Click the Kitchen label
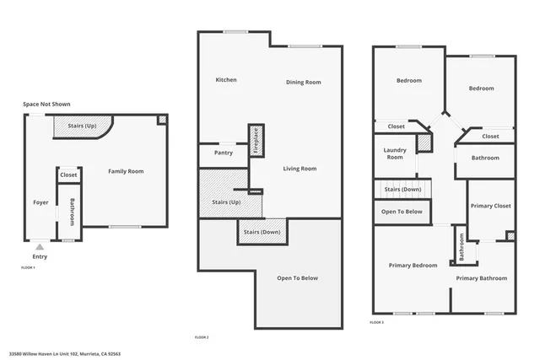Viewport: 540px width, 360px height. coord(226,80)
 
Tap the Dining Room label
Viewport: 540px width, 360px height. coord(303,82)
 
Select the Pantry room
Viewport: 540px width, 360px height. coord(224,153)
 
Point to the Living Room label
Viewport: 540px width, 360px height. coord(300,169)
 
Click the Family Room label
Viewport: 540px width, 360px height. coord(126,171)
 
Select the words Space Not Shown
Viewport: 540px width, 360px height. coord(46,105)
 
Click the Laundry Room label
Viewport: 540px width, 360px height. coord(394,153)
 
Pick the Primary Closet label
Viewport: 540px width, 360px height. coord(490,206)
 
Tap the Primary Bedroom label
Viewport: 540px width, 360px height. coord(413,266)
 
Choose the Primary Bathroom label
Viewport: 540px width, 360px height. coord(482,278)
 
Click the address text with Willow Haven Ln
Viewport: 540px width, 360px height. coord(65,354)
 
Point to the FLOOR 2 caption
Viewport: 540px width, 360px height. coord(202,336)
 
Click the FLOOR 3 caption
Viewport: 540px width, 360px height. coord(377,322)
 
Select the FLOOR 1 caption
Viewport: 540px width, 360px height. coord(28,267)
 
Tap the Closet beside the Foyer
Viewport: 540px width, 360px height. coord(68,175)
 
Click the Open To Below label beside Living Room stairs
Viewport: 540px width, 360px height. coord(298,278)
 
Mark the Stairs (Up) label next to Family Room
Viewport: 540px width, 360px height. coord(82,125)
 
